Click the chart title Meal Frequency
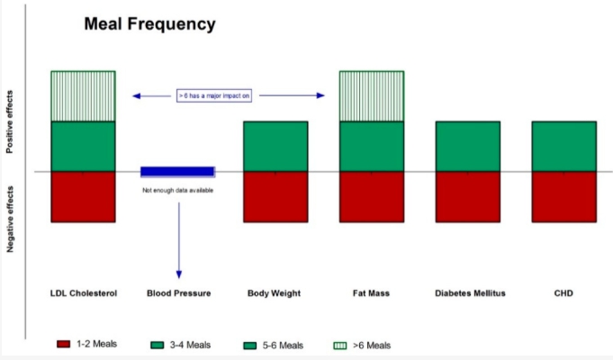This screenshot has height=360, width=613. (x=149, y=24)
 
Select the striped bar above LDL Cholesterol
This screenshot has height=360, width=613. (x=84, y=96)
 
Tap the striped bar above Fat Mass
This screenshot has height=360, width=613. (x=372, y=96)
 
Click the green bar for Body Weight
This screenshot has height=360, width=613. (x=275, y=147)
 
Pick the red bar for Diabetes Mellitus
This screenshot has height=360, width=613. (x=468, y=197)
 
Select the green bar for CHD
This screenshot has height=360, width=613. (x=564, y=147)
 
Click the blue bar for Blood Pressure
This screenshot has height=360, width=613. (x=178, y=172)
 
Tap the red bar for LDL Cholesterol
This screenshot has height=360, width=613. (x=84, y=197)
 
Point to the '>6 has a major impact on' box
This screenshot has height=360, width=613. (x=214, y=95)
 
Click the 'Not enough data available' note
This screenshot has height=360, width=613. (x=178, y=191)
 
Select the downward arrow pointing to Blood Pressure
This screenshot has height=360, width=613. (x=179, y=240)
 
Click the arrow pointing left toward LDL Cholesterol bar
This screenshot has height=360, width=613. (x=152, y=95)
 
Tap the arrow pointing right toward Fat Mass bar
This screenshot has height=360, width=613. (x=292, y=95)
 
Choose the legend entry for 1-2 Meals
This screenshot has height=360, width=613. (x=86, y=344)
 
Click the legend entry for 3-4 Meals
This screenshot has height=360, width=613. (x=181, y=345)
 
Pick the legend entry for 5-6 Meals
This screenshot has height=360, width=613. (x=274, y=346)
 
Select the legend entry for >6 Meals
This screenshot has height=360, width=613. (x=362, y=346)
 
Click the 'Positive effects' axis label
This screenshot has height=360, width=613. (x=10, y=122)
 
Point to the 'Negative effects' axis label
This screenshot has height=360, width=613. (x=10, y=219)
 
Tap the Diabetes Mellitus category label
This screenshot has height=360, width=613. (x=470, y=293)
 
